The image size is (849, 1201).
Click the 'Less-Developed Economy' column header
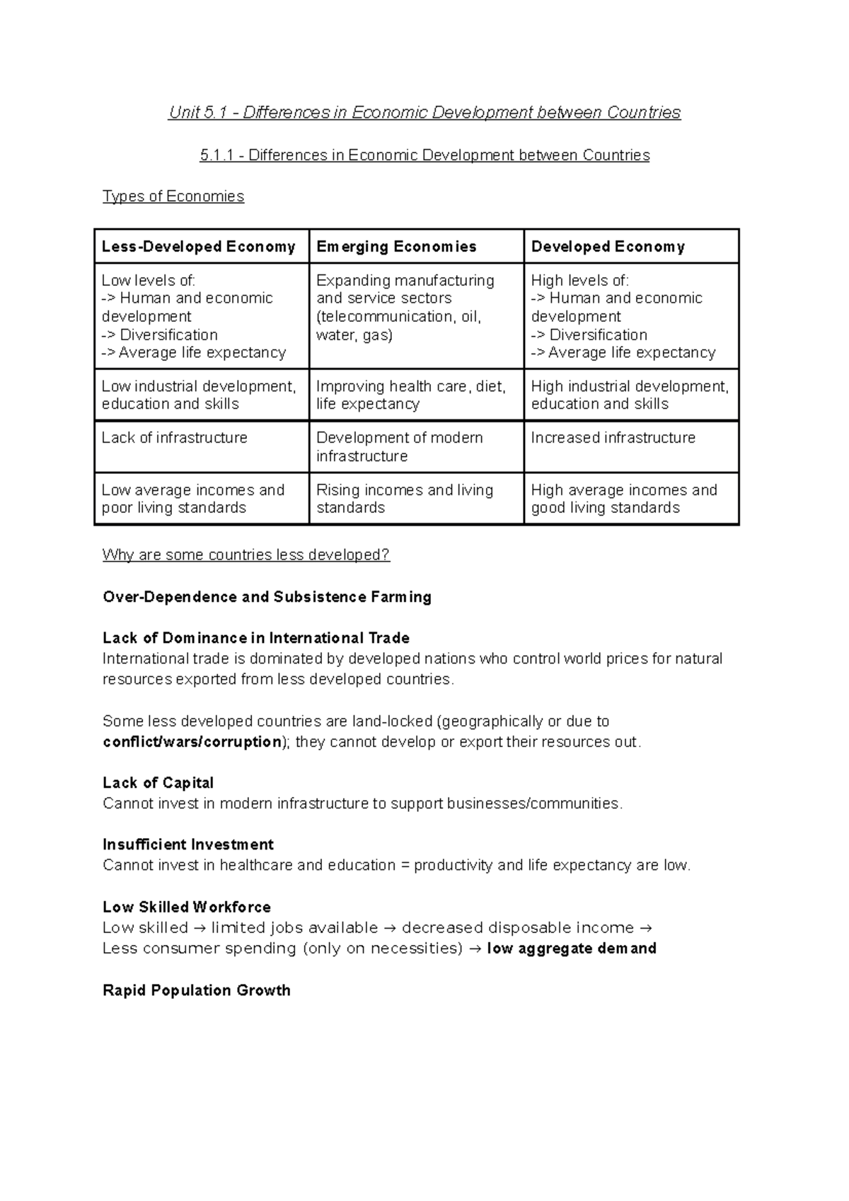point(198,247)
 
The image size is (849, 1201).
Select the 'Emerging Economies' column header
point(396,247)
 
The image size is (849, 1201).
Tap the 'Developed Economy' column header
point(608,247)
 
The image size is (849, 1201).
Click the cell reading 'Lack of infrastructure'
point(174,438)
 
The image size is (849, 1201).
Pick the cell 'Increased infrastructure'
point(613,438)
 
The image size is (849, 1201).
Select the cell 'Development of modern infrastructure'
point(399,447)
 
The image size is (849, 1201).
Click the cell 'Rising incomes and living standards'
point(404,499)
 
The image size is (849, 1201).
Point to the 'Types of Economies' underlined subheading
point(173,197)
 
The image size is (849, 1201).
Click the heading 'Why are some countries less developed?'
point(246,555)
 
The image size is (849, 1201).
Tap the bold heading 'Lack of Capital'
point(158,783)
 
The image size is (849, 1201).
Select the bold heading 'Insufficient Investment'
point(188,845)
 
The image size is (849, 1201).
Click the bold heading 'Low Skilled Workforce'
point(187,907)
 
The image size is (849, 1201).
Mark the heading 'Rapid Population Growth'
point(197,990)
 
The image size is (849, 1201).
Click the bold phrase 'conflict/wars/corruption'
point(192,742)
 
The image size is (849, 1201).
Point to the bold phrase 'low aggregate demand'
point(572,948)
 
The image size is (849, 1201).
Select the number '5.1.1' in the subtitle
point(216,156)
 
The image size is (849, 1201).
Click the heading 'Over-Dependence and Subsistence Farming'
point(267,597)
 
